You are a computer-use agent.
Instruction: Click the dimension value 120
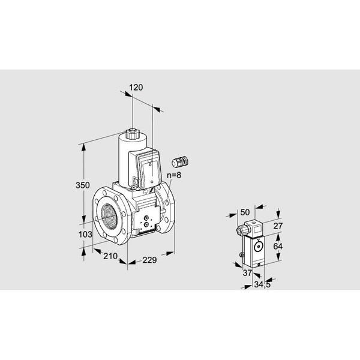(136, 88)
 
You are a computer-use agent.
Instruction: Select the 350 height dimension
(83, 185)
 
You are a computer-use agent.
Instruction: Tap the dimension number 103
(85, 235)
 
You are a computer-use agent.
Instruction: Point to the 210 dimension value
(110, 256)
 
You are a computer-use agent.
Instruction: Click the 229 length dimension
(149, 260)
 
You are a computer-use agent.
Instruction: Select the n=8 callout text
(174, 175)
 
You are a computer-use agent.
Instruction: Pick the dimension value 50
(245, 212)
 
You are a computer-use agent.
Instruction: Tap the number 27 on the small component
(278, 226)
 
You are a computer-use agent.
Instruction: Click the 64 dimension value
(278, 247)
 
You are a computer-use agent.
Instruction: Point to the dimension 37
(247, 273)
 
